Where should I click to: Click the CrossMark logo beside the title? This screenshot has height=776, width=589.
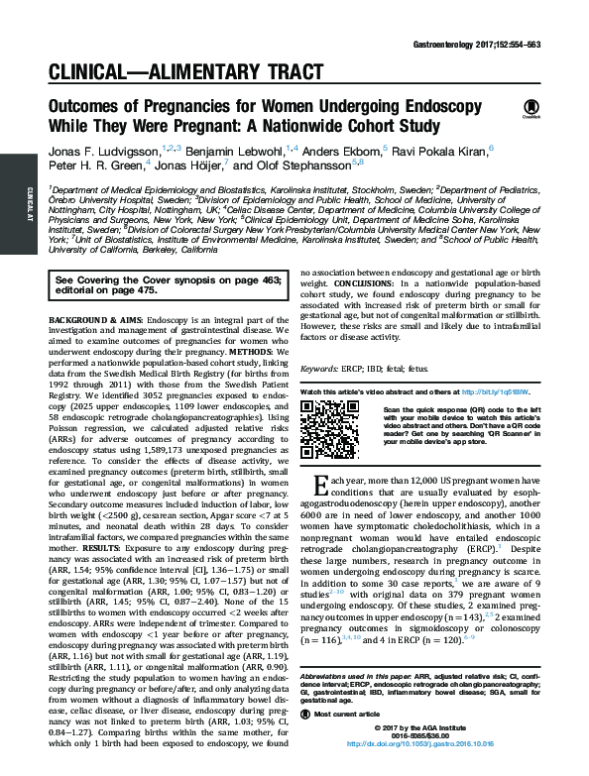(x=530, y=107)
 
